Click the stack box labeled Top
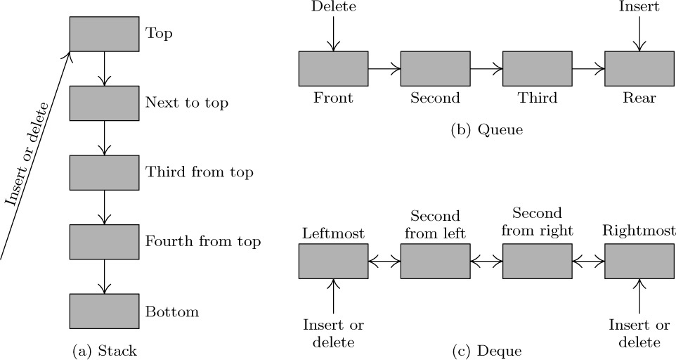point(104,34)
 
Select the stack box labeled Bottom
point(104,311)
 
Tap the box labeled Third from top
point(104,172)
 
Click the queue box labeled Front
point(333,68)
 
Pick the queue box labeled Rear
point(639,68)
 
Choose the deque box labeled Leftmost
point(333,262)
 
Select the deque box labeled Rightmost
point(639,262)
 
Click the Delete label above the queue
point(333,6)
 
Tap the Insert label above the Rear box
point(639,6)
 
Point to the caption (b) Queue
point(487,130)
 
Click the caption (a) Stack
point(104,351)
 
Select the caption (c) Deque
point(487,351)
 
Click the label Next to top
point(187,103)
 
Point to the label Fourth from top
point(203,241)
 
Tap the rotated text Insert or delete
point(27,153)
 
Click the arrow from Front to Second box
point(384,68)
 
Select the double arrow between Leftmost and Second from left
point(384,262)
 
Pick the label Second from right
point(537,221)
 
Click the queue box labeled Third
point(537,68)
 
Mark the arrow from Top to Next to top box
point(104,68)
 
